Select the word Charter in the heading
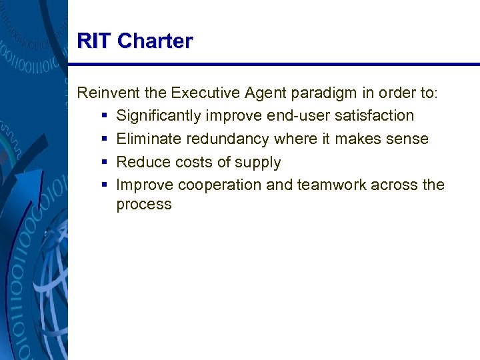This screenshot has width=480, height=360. (155, 41)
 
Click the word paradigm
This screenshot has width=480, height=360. (310, 93)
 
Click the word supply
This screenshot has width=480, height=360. (259, 163)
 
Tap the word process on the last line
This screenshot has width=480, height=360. (144, 205)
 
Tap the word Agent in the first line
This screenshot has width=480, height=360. (255, 93)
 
